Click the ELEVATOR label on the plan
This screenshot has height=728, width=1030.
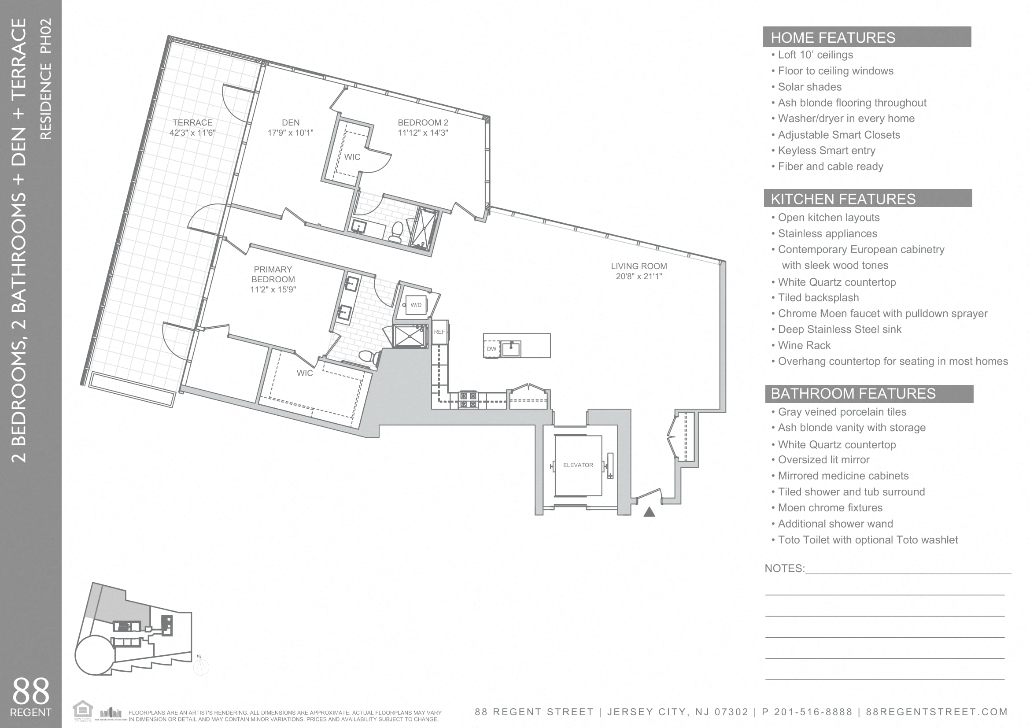(x=578, y=465)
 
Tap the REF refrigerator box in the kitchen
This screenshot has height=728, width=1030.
(x=439, y=332)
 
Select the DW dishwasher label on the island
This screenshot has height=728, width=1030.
(x=492, y=349)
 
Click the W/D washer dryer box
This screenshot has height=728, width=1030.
(x=416, y=305)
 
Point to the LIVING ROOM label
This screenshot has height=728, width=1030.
(x=639, y=266)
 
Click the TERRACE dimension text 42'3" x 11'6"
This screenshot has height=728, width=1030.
(x=192, y=133)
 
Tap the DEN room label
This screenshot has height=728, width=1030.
(x=290, y=122)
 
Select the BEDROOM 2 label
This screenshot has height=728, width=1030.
(x=423, y=122)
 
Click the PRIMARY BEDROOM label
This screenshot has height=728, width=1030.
(x=273, y=274)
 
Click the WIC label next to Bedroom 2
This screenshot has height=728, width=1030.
(x=352, y=157)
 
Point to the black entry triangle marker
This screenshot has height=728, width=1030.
(x=649, y=512)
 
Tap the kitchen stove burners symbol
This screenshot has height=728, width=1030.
(x=469, y=399)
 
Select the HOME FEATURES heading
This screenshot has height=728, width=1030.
(x=833, y=38)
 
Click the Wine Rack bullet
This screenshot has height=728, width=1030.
(x=804, y=345)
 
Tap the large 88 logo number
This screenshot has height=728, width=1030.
(x=30, y=691)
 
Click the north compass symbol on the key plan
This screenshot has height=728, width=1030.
(x=200, y=666)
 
